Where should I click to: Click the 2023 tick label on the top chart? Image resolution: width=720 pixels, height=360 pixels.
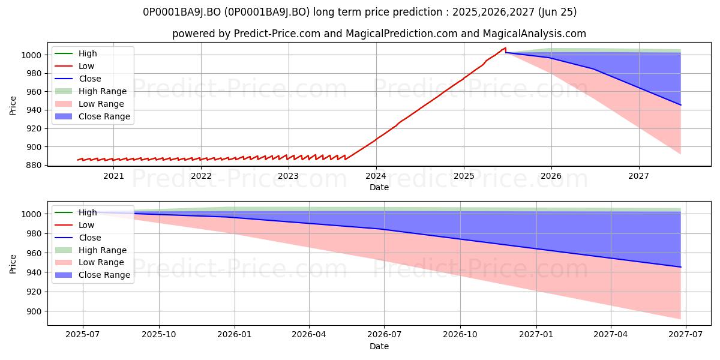pyautogui.click(x=288, y=176)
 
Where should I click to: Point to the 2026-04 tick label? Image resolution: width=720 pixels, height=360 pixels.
pyautogui.click(x=309, y=335)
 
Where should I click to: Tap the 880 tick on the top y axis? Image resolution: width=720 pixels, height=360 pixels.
pyautogui.click(x=31, y=165)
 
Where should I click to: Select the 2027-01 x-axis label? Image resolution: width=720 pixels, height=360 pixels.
pyautogui.click(x=536, y=335)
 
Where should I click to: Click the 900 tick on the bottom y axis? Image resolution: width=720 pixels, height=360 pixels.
pyautogui.click(x=31, y=311)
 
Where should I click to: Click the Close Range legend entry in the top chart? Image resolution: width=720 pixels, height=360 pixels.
pyautogui.click(x=92, y=116)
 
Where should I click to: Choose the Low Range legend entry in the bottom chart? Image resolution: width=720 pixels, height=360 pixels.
pyautogui.click(x=89, y=262)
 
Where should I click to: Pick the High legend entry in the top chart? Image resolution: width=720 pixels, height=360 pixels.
pyautogui.click(x=76, y=53)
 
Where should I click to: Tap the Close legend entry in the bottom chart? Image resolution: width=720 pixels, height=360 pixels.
pyautogui.click(x=78, y=238)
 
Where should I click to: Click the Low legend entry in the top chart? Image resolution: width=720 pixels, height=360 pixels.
pyautogui.click(x=74, y=66)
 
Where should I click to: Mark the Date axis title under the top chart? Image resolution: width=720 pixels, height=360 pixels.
pyautogui.click(x=379, y=187)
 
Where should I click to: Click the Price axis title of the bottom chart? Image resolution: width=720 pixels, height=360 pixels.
pyautogui.click(x=13, y=264)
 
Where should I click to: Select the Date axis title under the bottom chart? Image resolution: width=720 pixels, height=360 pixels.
pyautogui.click(x=379, y=346)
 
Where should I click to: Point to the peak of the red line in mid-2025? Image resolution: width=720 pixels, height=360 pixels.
pyautogui.click(x=506, y=48)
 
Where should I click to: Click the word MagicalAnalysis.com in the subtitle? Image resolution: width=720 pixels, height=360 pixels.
pyautogui.click(x=534, y=34)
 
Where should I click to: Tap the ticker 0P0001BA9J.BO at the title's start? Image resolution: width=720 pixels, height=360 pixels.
pyautogui.click(x=182, y=12)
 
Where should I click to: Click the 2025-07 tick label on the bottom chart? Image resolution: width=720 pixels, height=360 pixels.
pyautogui.click(x=83, y=335)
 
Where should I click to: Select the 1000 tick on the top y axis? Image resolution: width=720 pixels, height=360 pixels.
pyautogui.click(x=31, y=55)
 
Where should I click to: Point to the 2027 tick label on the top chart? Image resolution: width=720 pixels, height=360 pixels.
pyautogui.click(x=638, y=176)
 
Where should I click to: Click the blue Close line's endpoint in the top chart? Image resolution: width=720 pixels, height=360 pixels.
pyautogui.click(x=680, y=105)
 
